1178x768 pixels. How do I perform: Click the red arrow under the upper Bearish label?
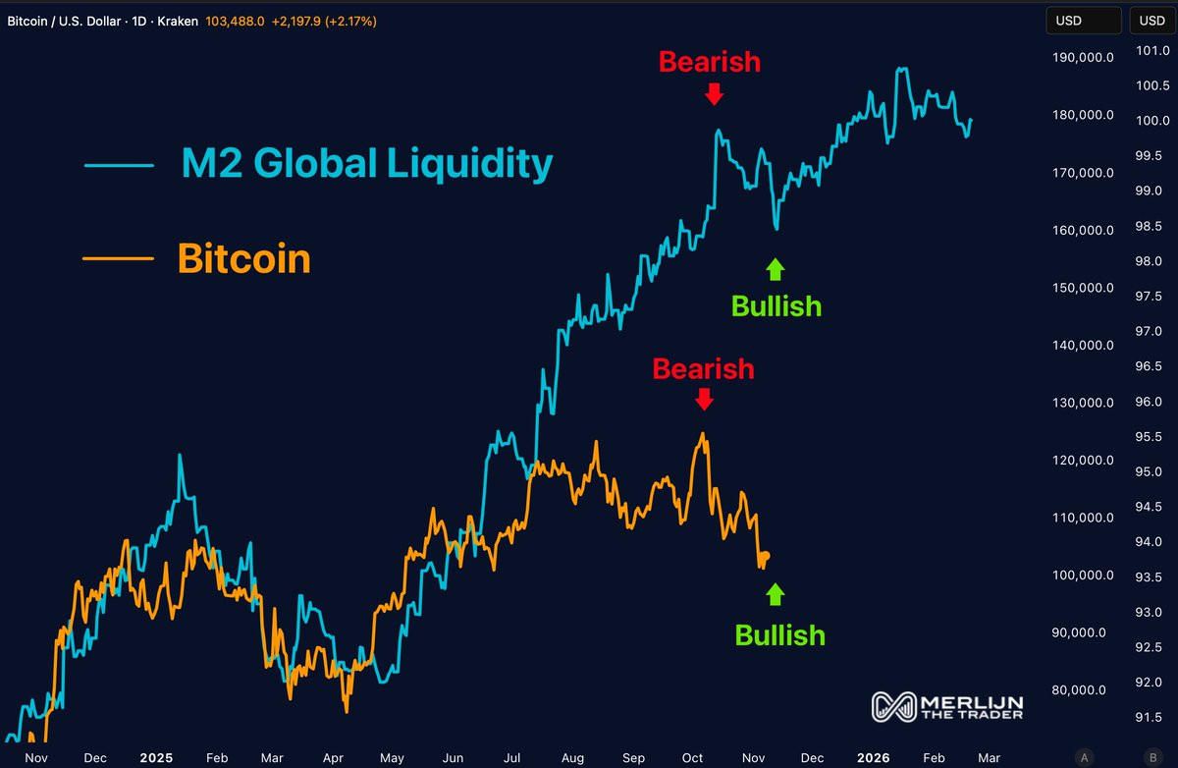[x=714, y=93]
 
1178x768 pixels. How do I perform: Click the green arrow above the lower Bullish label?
[x=776, y=594]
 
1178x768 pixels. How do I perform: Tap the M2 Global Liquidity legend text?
[x=367, y=164]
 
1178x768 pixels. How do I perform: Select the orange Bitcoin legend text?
[x=244, y=259]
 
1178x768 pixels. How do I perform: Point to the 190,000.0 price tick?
[x=1083, y=57]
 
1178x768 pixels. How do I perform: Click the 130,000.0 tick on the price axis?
[x=1083, y=403]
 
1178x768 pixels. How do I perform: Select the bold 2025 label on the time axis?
[x=155, y=758]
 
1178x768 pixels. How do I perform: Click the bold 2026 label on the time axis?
[x=873, y=758]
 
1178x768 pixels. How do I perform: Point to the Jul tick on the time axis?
[x=512, y=758]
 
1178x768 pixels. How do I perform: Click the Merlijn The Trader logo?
[x=947, y=705]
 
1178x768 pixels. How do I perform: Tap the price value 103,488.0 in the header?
[x=234, y=21]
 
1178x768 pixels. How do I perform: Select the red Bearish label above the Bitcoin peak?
[x=703, y=369]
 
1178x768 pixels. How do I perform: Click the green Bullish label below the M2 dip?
[x=776, y=306]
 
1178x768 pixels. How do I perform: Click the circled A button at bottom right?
[x=1084, y=756]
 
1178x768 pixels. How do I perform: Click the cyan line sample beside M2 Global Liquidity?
[x=119, y=165]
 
